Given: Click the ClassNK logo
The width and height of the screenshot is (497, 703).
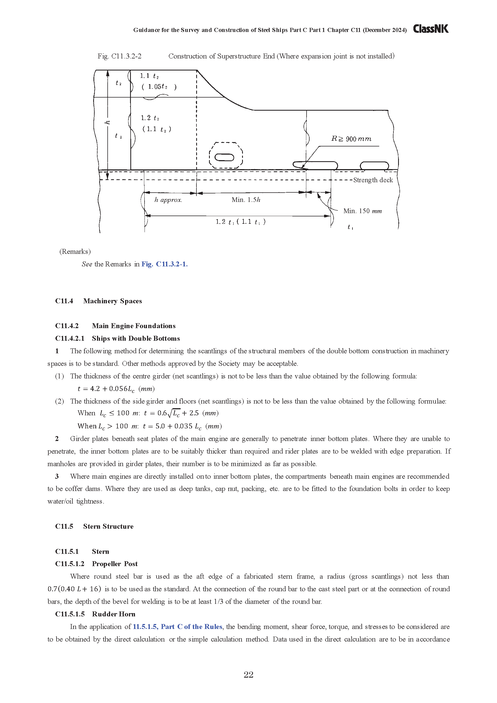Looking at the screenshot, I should (431, 29).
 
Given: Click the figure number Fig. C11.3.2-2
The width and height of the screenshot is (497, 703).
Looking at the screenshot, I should (119, 56).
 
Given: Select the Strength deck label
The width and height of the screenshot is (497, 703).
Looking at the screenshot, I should (373, 180).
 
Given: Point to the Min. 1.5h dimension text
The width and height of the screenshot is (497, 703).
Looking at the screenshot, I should (246, 200).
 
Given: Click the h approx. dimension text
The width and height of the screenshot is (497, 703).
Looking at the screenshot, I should (168, 200).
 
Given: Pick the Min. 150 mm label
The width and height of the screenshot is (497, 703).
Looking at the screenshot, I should (362, 211).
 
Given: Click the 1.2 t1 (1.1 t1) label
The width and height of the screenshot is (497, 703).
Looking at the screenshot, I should (240, 222).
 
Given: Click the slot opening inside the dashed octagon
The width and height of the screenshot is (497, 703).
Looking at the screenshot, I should (225, 157).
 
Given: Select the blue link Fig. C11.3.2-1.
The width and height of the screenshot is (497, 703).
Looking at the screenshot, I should (164, 264).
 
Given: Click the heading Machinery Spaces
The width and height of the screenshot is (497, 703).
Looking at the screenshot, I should (112, 301).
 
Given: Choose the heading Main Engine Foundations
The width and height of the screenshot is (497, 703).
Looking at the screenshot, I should (134, 326).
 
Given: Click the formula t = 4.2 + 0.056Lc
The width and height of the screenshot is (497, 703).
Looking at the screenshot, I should (116, 389).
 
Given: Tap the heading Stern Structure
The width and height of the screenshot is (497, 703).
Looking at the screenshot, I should (108, 526).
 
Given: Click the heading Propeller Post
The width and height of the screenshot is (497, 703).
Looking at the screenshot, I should (114, 564).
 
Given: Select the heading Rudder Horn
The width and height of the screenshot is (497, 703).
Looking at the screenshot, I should (113, 614).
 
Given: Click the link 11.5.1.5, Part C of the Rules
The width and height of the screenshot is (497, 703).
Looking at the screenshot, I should (177, 626).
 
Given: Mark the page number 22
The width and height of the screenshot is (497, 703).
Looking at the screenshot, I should (248, 675).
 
